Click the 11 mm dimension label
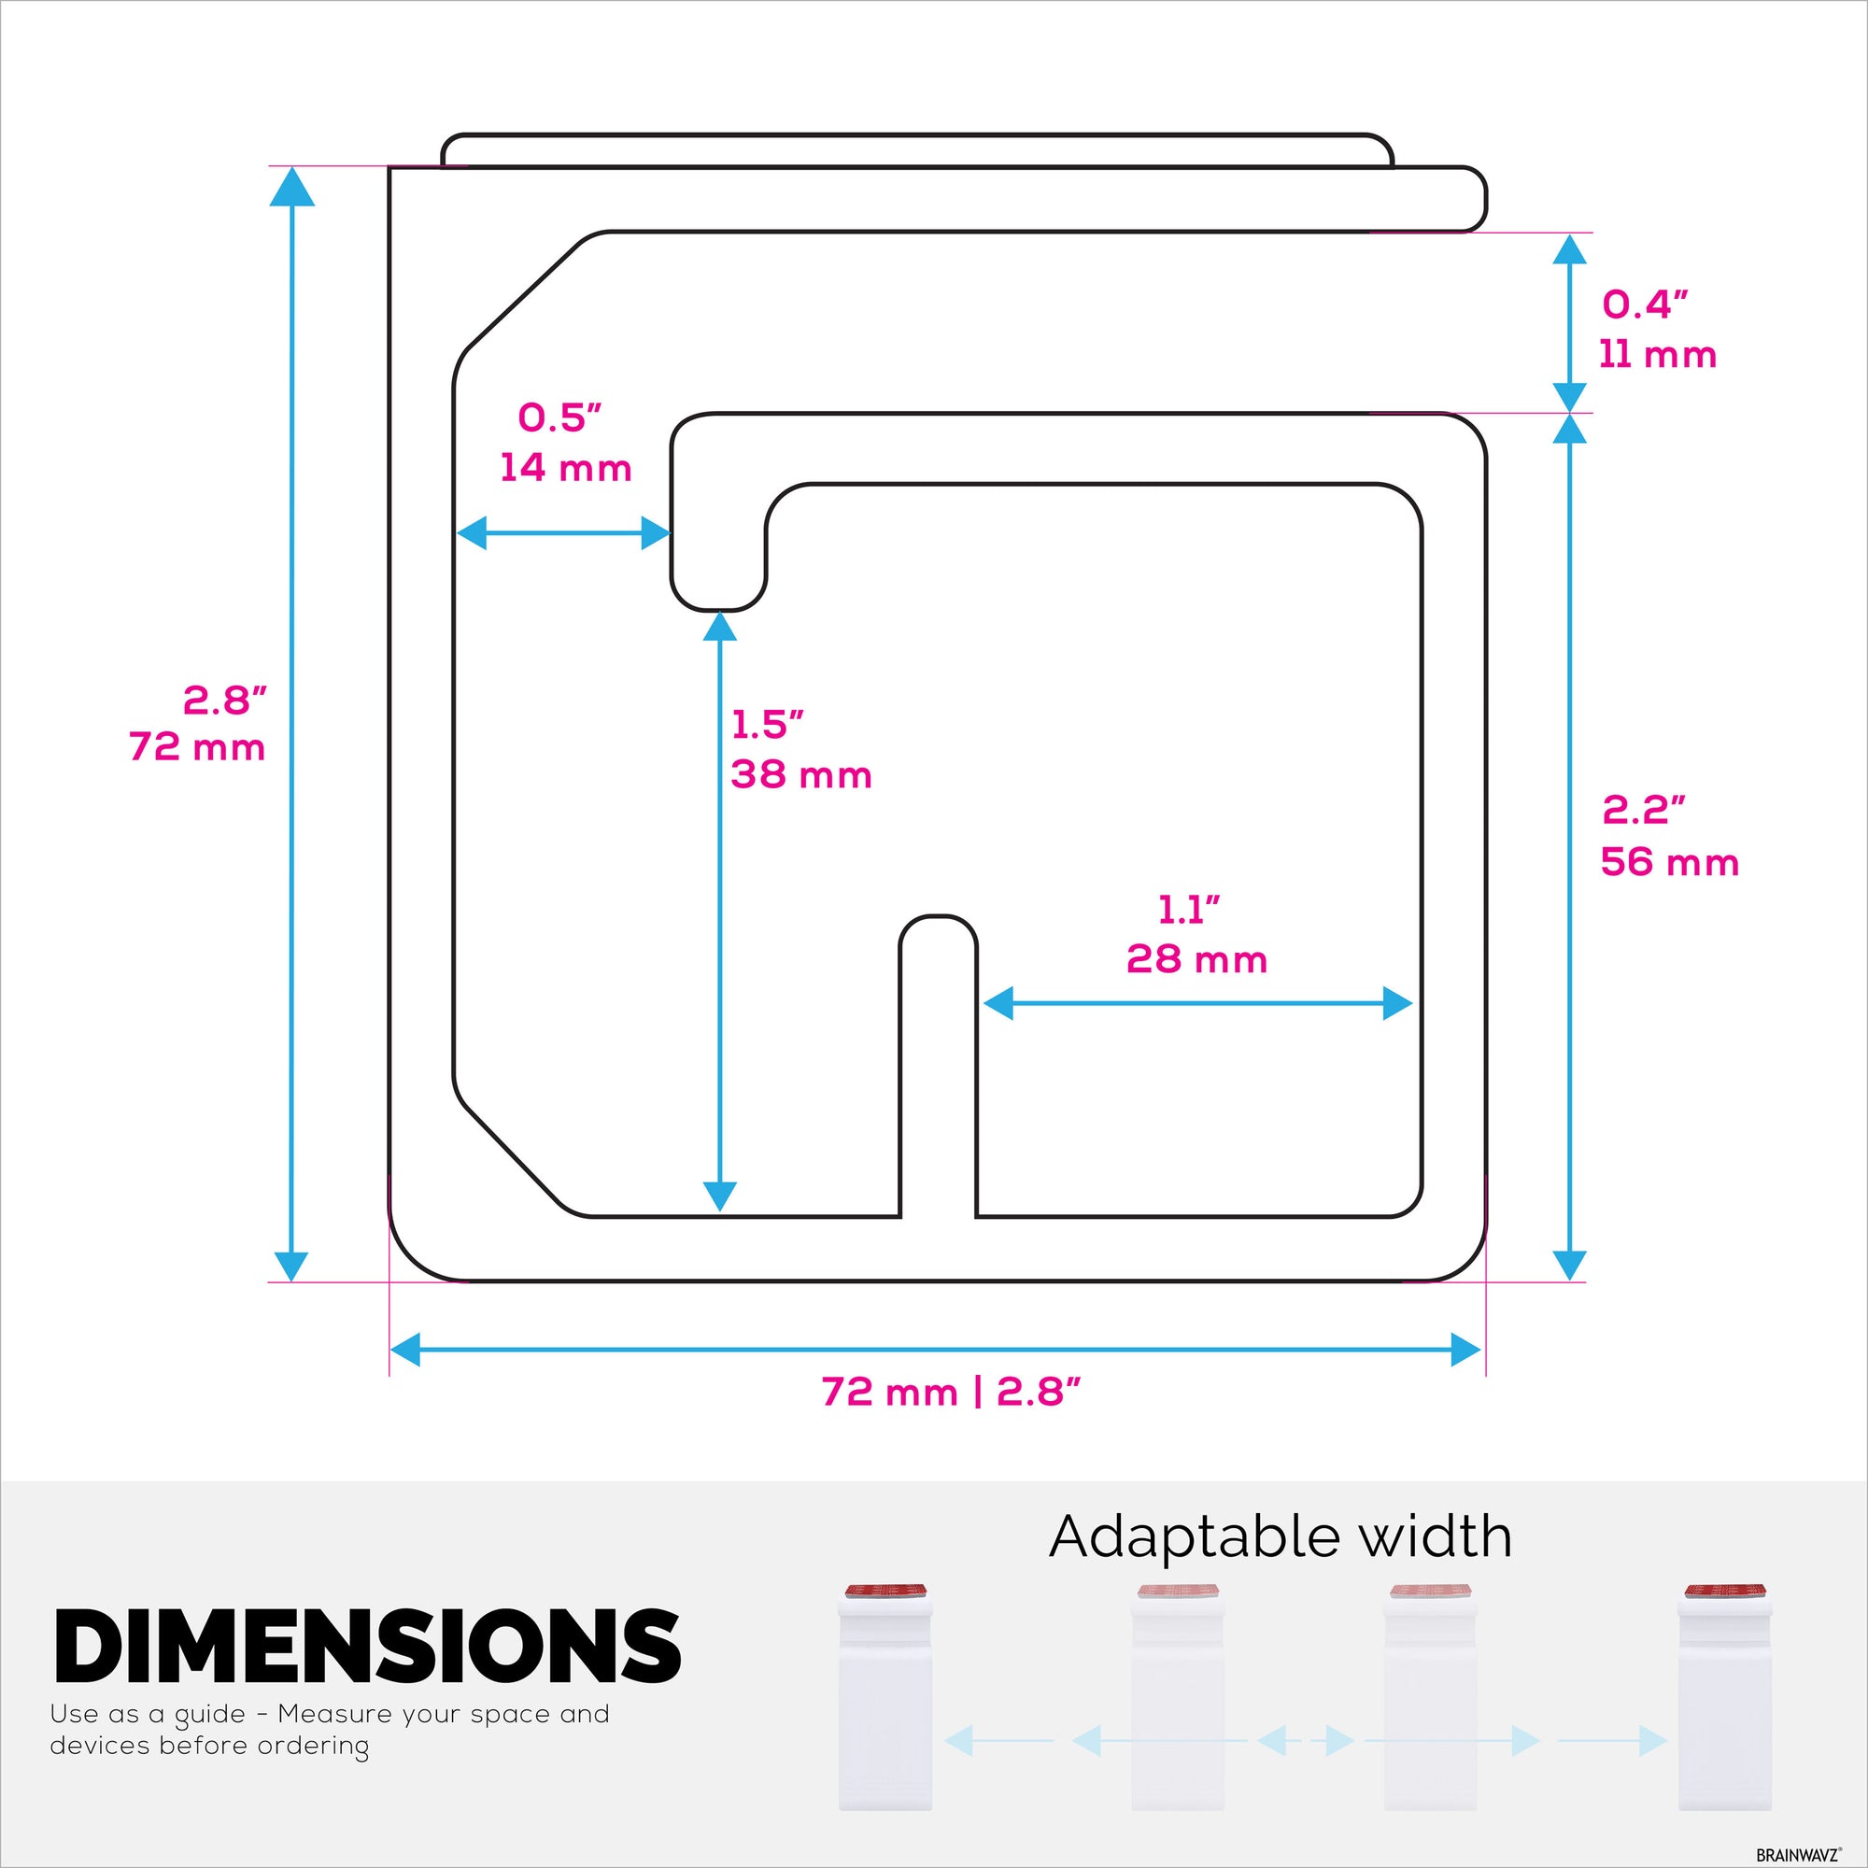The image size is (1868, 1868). [1657, 355]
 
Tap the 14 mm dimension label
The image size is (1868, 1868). [566, 468]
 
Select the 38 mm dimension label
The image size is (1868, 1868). [801, 774]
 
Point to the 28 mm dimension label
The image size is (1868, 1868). [1197, 959]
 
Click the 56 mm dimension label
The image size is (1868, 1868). [1670, 861]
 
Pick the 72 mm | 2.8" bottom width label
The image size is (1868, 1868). [951, 1393]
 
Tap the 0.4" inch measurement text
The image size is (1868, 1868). [1645, 304]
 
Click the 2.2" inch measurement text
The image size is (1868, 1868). [1644, 809]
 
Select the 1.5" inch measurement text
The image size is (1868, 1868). [768, 724]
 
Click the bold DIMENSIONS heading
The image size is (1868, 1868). [367, 1647]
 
